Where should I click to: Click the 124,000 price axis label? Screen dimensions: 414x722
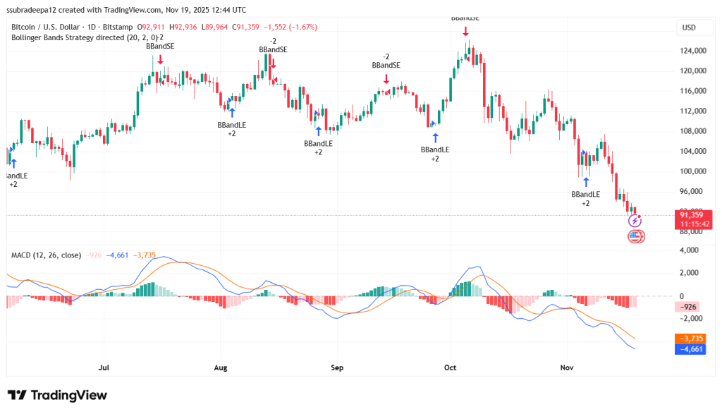click(x=692, y=51)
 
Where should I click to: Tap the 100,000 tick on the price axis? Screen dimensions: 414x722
click(x=692, y=171)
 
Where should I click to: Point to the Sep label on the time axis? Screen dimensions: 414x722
click(x=336, y=367)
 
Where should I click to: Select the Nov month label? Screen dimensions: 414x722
click(x=565, y=367)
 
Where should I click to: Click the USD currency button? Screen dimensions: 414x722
click(x=689, y=28)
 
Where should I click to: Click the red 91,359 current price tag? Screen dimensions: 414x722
click(x=692, y=214)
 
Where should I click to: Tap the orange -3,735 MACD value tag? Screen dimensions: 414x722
click(x=690, y=339)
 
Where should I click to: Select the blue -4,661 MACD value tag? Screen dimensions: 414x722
click(x=690, y=348)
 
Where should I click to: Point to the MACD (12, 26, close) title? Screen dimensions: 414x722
click(x=45, y=255)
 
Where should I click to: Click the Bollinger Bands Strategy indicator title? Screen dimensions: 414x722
click(x=85, y=37)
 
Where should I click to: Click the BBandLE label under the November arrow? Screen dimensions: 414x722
click(x=586, y=194)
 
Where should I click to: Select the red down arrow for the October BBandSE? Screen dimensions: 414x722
click(x=465, y=31)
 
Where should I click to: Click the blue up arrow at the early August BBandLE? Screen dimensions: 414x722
click(x=232, y=112)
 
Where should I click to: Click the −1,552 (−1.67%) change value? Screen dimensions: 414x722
click(x=291, y=27)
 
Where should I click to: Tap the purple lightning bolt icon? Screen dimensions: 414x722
click(x=635, y=221)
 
